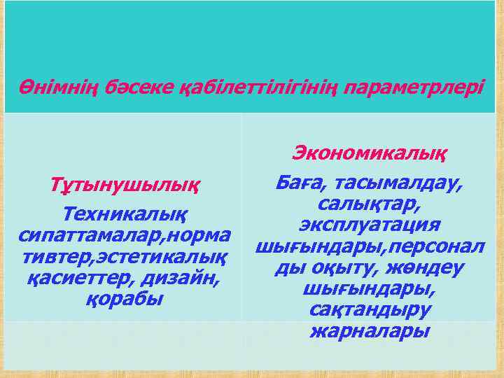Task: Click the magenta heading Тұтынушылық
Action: point(124,187)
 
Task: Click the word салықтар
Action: point(370,204)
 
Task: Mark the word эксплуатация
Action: point(370,225)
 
